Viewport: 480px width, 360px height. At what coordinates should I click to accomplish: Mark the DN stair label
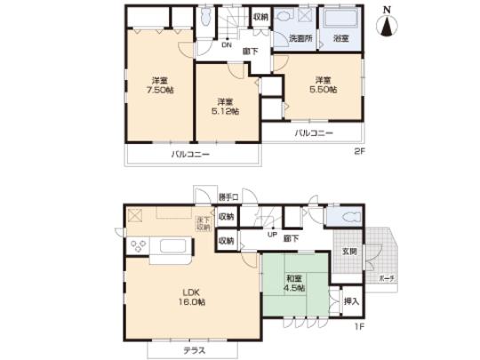(x=227, y=44)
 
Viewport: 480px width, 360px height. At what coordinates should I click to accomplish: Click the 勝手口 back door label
(x=230, y=196)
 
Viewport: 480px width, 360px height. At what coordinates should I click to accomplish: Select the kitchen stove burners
(x=140, y=245)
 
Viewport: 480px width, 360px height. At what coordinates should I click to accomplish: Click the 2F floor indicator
(x=358, y=151)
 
